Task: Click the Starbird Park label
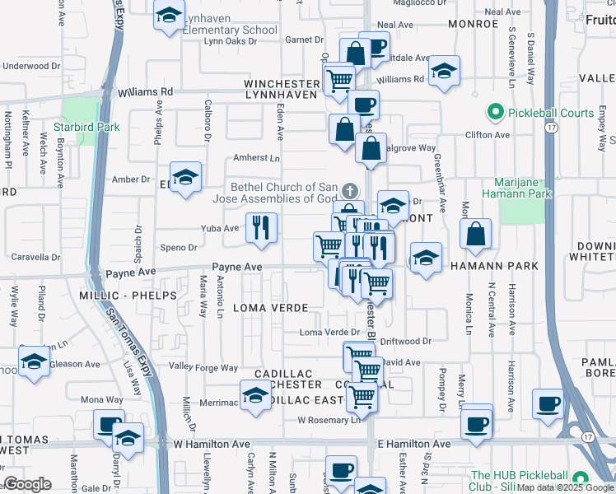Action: [x=86, y=127]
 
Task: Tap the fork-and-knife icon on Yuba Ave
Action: [x=261, y=228]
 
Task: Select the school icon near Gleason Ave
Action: [x=34, y=362]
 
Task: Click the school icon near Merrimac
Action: [x=255, y=395]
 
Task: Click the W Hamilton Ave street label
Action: [x=212, y=444]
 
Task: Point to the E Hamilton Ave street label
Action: [x=414, y=444]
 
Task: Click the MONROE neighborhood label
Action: [x=474, y=24]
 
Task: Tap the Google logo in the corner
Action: [x=27, y=483]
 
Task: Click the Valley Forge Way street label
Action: [x=203, y=367]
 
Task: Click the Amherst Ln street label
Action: [x=257, y=157]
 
